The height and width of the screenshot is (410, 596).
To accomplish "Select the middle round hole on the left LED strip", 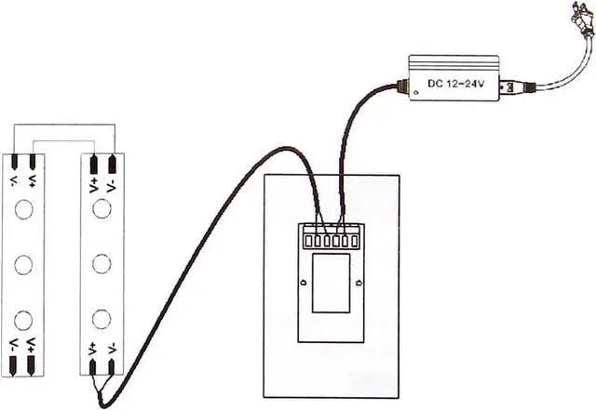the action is [x=24, y=264].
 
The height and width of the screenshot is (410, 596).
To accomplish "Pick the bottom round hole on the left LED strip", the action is [x=24, y=320].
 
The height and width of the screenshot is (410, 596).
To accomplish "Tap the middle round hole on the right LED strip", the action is [x=103, y=264].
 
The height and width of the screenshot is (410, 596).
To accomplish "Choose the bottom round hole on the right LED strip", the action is [x=103, y=320].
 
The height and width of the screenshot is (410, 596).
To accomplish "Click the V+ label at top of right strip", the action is [x=95, y=183].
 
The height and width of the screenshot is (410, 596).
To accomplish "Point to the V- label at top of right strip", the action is [x=113, y=183].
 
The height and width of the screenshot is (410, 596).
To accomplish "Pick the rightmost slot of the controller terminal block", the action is [x=355, y=242].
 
